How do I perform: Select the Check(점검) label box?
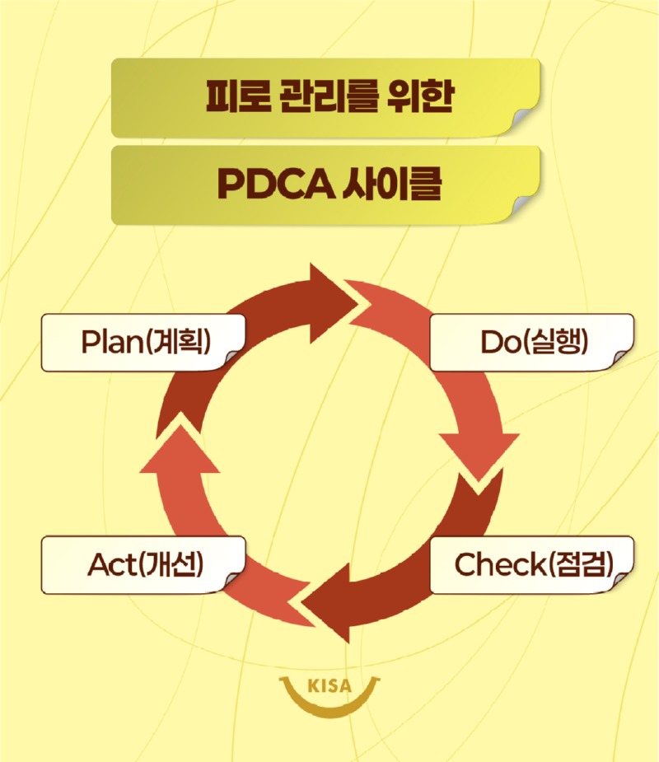[x=531, y=564]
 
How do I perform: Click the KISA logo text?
[x=329, y=685]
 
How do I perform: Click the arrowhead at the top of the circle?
[x=334, y=298]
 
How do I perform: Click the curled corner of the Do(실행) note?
[x=622, y=357]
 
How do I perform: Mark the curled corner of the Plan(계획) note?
[x=236, y=357]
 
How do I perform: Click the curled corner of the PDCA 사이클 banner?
[x=527, y=209]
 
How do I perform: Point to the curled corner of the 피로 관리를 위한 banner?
[x=527, y=123]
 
